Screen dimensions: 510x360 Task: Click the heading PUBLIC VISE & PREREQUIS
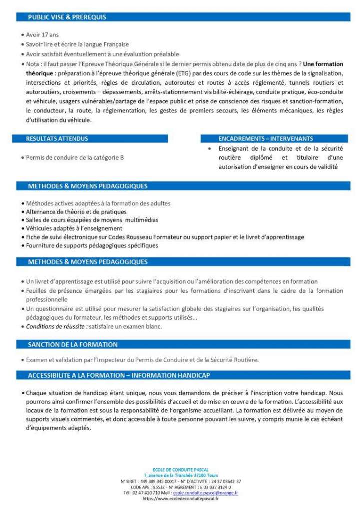tap(67, 17)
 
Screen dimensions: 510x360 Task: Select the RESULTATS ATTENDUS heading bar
tap(57, 139)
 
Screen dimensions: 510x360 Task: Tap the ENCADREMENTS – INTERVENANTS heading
tap(265, 139)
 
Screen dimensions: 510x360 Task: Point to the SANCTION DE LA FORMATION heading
tap(73, 344)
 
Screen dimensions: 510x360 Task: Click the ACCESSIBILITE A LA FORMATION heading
tap(119, 375)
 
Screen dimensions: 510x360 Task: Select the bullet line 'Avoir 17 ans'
tap(42, 35)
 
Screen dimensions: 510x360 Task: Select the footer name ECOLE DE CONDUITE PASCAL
tap(180, 470)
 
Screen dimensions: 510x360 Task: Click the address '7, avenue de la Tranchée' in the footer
tap(170, 475)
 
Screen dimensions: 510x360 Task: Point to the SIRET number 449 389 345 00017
tap(147, 481)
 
